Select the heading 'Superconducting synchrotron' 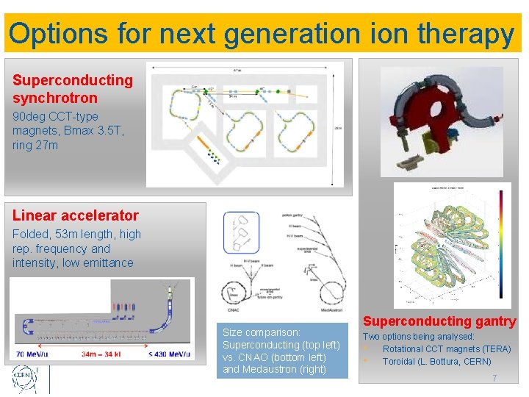pos(73,89)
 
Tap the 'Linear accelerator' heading pos(75,215)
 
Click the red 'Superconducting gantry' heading pos(439,321)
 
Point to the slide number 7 pos(494,379)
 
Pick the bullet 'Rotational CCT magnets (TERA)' pos(446,348)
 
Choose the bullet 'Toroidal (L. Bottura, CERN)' pos(436,362)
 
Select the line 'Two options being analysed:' pos(419,336)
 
